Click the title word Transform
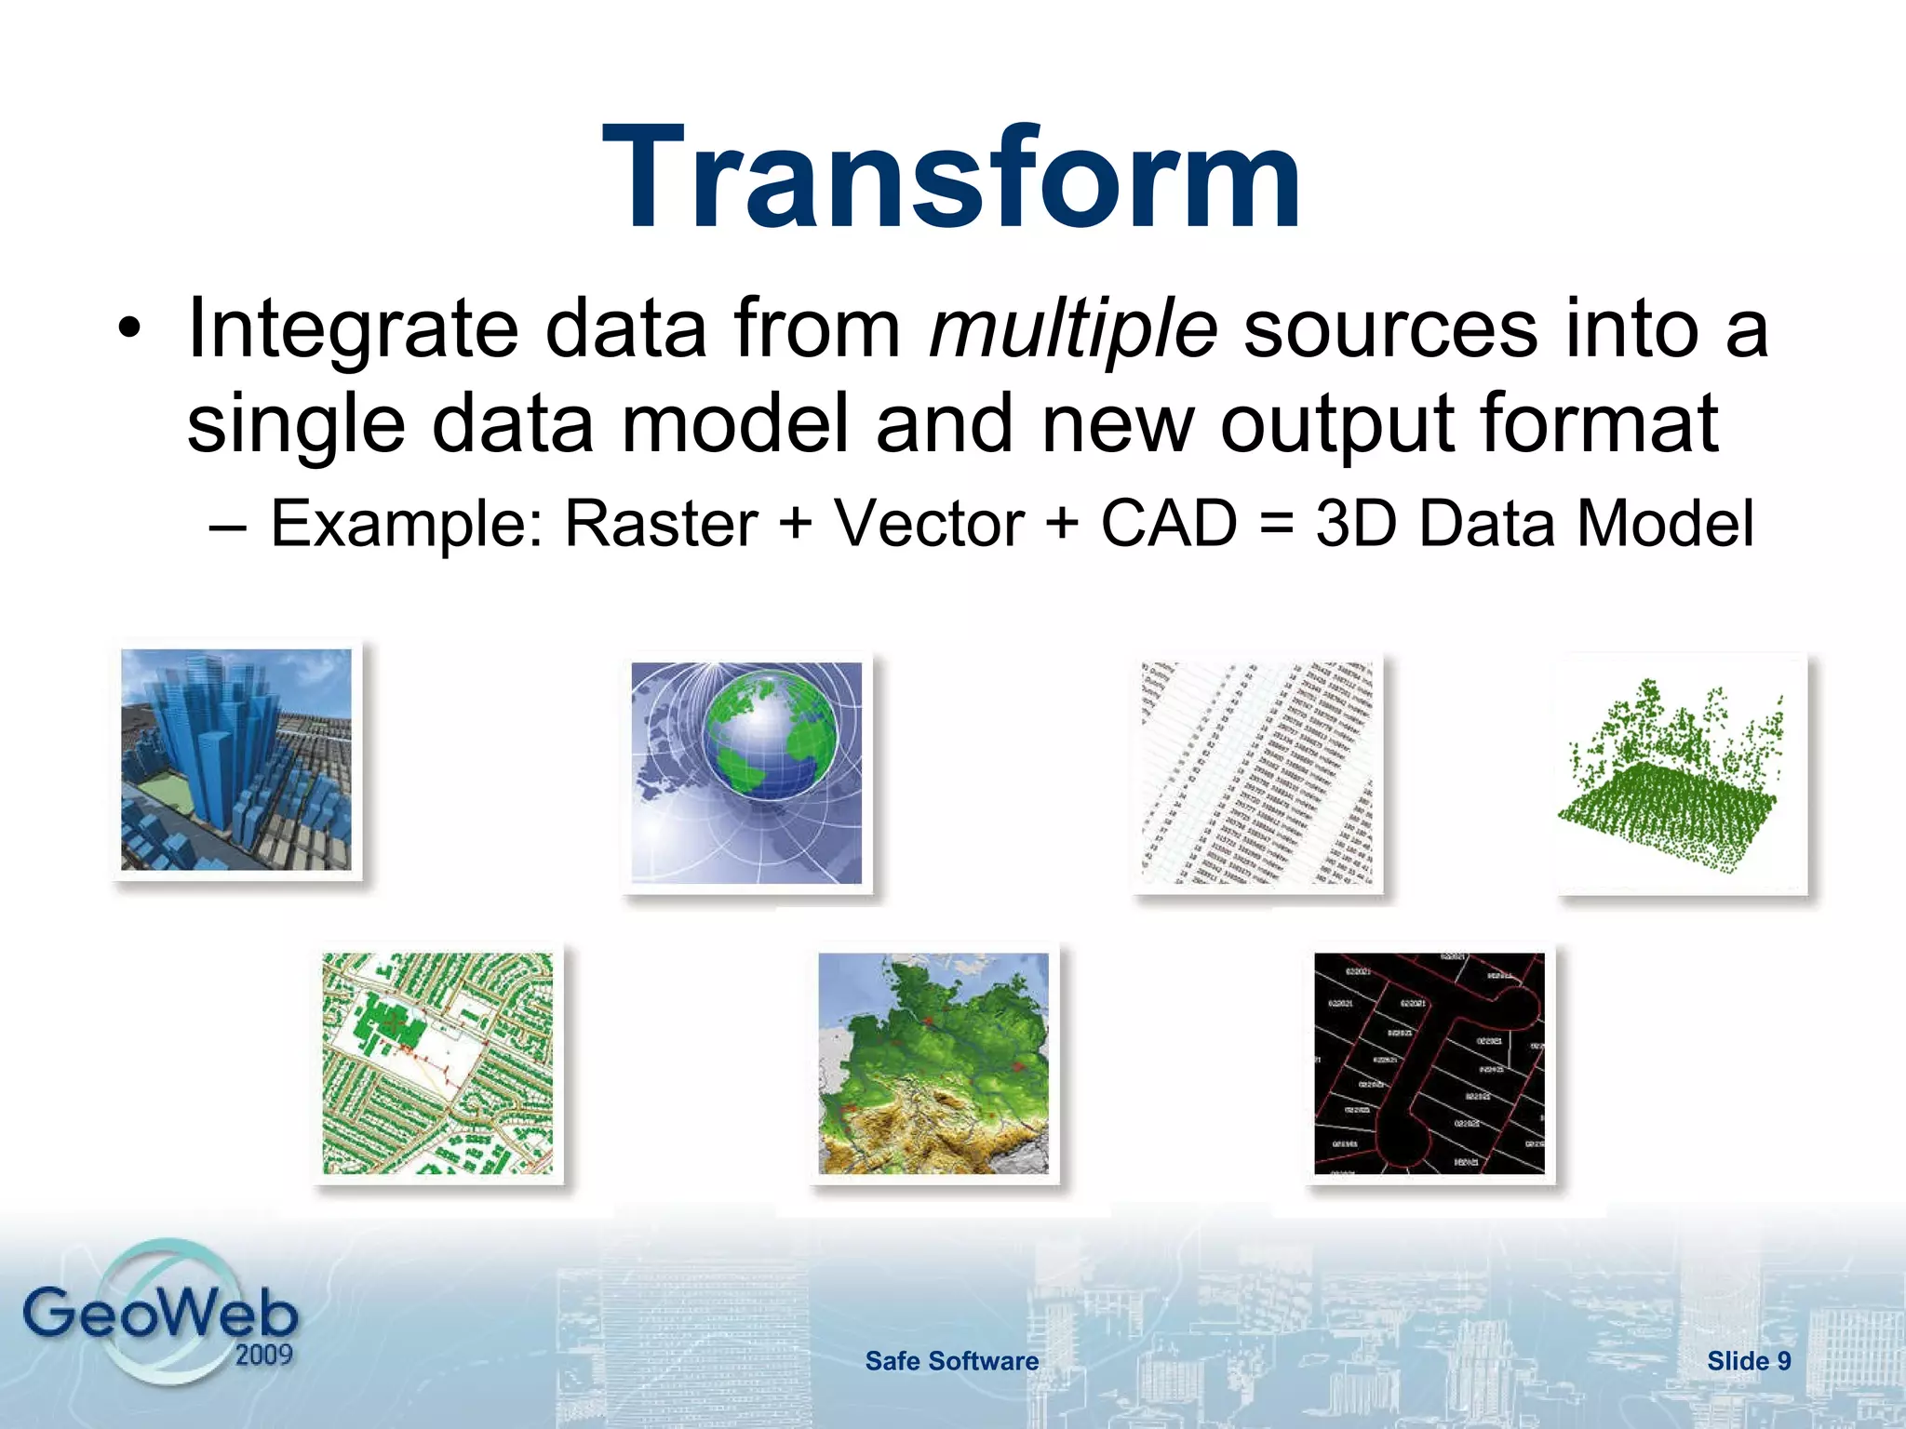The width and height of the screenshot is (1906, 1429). [x=951, y=179]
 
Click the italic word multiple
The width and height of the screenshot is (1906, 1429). [x=1073, y=328]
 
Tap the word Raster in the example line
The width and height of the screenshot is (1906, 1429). [x=661, y=524]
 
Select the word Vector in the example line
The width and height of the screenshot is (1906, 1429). [x=928, y=524]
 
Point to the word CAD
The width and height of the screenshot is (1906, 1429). [x=1168, y=524]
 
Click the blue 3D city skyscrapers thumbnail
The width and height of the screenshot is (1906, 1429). [x=236, y=759]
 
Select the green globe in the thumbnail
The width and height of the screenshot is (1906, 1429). [x=769, y=744]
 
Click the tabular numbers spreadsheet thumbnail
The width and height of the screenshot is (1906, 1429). [x=1256, y=772]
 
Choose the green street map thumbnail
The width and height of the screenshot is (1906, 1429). [x=437, y=1062]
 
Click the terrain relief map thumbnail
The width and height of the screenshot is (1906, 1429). [x=933, y=1062]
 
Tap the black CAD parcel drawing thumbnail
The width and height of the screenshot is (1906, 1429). [x=1429, y=1062]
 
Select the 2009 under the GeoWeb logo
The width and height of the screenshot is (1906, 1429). [x=263, y=1355]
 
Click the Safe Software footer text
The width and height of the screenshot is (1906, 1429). [x=951, y=1361]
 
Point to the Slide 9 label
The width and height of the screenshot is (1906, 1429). [x=1748, y=1361]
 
